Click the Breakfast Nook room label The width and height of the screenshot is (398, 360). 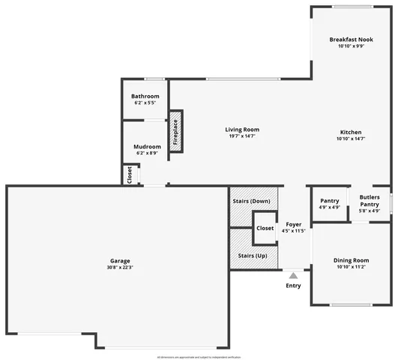[x=351, y=39]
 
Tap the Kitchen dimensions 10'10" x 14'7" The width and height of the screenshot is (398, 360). [x=351, y=138]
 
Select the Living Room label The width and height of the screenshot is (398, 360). [x=242, y=130]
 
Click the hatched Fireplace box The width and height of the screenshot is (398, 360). [x=175, y=132]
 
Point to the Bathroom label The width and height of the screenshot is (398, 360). [x=145, y=96]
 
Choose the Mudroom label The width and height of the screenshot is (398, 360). [x=147, y=146]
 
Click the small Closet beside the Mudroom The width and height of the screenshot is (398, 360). [x=130, y=175]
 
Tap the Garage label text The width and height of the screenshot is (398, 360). [x=120, y=260]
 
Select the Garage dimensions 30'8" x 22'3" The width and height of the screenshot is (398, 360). [x=120, y=268]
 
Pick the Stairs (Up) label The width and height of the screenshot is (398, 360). [x=251, y=256]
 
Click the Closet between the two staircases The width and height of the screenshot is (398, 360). [x=265, y=228]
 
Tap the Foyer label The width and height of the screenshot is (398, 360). [x=293, y=223]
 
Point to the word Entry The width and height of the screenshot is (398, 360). [x=293, y=285]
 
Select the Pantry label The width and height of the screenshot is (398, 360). [x=330, y=200]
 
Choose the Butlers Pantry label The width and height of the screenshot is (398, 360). [x=370, y=200]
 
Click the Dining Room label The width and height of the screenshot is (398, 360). [x=351, y=260]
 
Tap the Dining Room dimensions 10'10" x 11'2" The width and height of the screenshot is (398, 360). [x=351, y=268]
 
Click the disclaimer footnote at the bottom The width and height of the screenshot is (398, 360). [x=199, y=357]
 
